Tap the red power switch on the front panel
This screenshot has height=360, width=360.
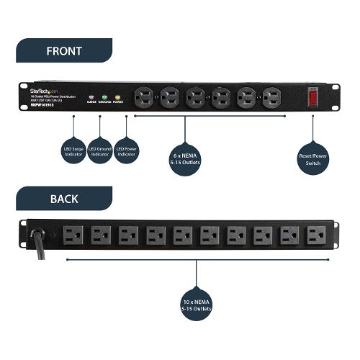tap(313, 96)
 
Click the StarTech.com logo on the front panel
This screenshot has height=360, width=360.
tap(45, 91)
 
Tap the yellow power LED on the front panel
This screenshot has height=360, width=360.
tap(117, 96)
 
